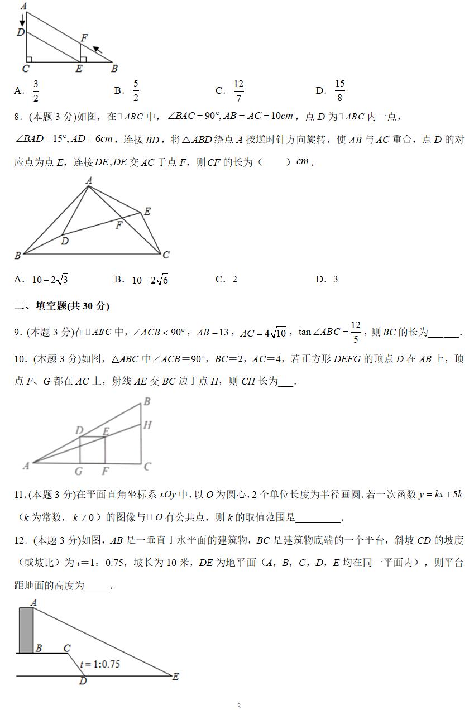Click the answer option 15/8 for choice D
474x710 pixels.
[339, 90]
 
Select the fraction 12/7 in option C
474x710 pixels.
[238, 90]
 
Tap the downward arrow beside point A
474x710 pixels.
[22, 20]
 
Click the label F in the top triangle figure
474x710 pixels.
[84, 38]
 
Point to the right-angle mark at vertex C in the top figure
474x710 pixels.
[29, 59]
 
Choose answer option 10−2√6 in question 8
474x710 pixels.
[150, 280]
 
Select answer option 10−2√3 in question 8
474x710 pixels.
[50, 280]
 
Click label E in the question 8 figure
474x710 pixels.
[147, 212]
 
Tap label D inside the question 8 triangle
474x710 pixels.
[65, 241]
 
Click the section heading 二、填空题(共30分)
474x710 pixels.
[61, 306]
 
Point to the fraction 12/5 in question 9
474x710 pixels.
[356, 332]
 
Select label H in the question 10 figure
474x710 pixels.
[147, 425]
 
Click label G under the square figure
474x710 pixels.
[79, 471]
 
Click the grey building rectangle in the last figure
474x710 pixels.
[26, 630]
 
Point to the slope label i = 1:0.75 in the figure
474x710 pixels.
[100, 664]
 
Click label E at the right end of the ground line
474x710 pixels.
[175, 676]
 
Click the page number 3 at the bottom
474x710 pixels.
[238, 706]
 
